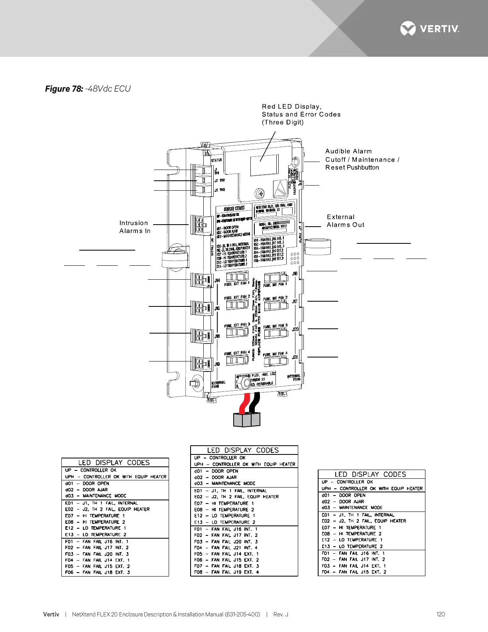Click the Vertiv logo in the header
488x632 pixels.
pyautogui.click(x=429, y=29)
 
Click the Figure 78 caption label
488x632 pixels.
pyautogui.click(x=64, y=89)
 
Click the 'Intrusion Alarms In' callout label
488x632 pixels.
pyautogui.click(x=134, y=227)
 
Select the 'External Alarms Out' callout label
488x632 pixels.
pyautogui.click(x=345, y=221)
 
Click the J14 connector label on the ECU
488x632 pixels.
pyautogui.click(x=217, y=280)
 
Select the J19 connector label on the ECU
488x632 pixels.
pyautogui.click(x=217, y=364)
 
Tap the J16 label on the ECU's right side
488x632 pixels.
pyautogui.click(x=295, y=274)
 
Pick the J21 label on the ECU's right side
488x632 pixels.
pyautogui.click(x=295, y=357)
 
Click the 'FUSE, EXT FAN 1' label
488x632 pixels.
pyautogui.click(x=237, y=283)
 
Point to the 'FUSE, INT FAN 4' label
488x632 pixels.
pyautogui.click(x=275, y=354)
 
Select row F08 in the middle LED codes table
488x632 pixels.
pyautogui.click(x=244, y=572)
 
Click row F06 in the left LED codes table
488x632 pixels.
pyautogui.click(x=115, y=572)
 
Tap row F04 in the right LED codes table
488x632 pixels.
pyautogui.click(x=371, y=572)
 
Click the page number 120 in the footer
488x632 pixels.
pyautogui.click(x=441, y=614)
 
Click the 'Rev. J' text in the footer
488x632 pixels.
pyautogui.click(x=281, y=614)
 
